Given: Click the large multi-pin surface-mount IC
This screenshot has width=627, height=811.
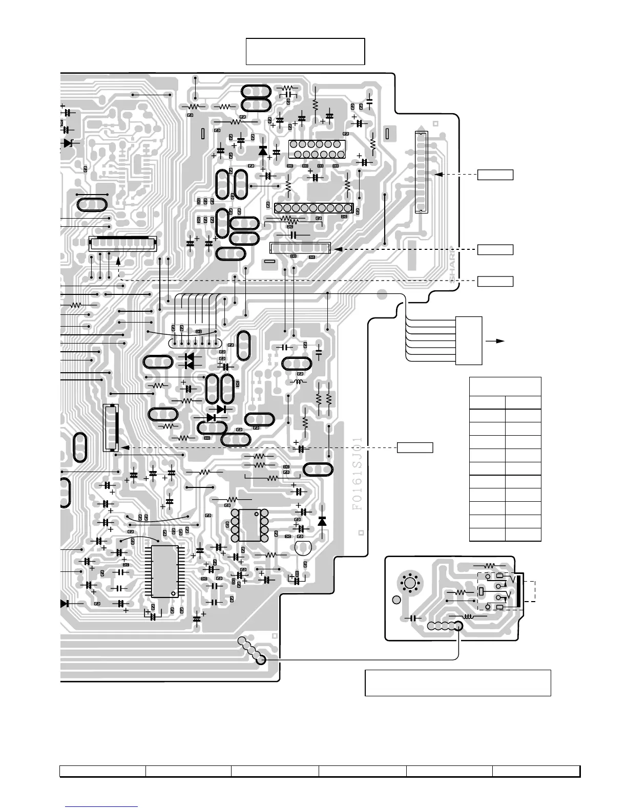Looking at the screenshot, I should coord(165,571).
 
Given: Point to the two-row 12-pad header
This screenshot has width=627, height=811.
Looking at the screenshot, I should coord(317,149).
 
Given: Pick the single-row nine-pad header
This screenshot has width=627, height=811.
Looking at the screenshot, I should coord(313,208).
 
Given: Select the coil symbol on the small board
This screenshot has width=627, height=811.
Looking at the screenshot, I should coord(468,617).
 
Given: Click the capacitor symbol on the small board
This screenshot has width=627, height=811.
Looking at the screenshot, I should coord(412,618).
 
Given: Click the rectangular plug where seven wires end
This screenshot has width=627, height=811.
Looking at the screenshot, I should coord(468,340).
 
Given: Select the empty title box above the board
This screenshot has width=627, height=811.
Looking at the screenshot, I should coord(305,51).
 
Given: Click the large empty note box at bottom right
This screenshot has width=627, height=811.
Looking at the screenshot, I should coord(457,682).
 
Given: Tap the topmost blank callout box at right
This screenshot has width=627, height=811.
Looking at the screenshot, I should coord(495,175).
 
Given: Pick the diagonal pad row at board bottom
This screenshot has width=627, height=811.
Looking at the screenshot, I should coord(251,650).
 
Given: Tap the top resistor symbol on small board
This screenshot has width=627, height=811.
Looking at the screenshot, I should coord(489,566).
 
